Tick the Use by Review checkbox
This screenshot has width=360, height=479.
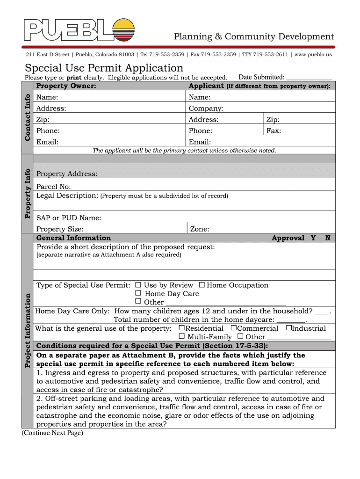(138, 285)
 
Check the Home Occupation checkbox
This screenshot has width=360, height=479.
(202, 285)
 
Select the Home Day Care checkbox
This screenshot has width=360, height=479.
(138, 293)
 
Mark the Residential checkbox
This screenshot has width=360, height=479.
(182, 328)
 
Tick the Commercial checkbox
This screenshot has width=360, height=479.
(234, 328)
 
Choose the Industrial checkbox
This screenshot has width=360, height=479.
(288, 328)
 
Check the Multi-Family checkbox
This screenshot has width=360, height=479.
(182, 336)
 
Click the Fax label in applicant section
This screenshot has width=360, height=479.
(274, 131)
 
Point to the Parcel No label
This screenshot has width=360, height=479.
(54, 187)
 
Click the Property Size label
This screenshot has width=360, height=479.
(60, 229)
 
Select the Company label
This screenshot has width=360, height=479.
(206, 109)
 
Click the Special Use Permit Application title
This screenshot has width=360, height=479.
(104, 68)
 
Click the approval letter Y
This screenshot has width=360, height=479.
(313, 238)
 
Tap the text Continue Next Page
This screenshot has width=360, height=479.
(52, 433)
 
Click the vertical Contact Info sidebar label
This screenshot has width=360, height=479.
(28, 117)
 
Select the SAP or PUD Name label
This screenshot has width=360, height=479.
(69, 218)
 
